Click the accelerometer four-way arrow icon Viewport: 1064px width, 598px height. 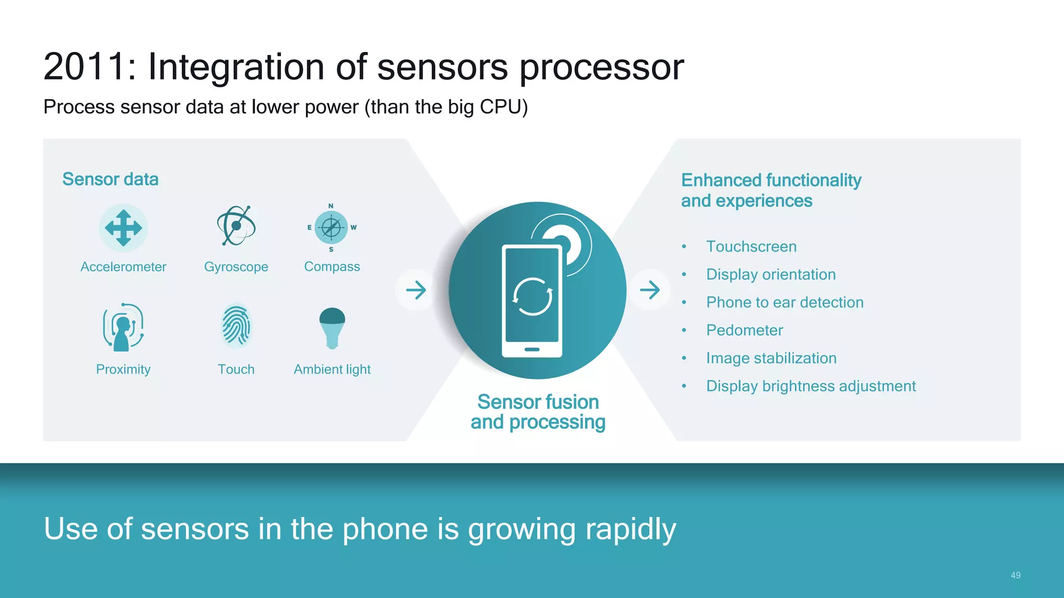123,228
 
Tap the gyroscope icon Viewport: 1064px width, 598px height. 236,225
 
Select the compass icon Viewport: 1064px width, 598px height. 331,227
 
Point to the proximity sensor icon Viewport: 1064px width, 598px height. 123,327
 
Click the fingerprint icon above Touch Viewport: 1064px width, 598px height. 236,326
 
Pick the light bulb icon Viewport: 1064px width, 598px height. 332,328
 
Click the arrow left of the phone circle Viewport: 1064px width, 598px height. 416,290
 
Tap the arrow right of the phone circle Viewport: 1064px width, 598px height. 649,290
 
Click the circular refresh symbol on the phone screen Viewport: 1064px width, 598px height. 532,297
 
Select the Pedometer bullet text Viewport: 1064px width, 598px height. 744,330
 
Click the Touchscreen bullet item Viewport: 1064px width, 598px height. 751,247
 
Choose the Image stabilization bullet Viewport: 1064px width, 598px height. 771,358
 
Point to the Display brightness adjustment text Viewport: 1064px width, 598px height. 810,386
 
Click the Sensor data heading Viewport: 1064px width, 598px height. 110,179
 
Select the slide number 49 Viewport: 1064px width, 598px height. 1015,575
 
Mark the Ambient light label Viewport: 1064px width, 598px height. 332,369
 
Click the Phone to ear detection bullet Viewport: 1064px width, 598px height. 784,302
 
